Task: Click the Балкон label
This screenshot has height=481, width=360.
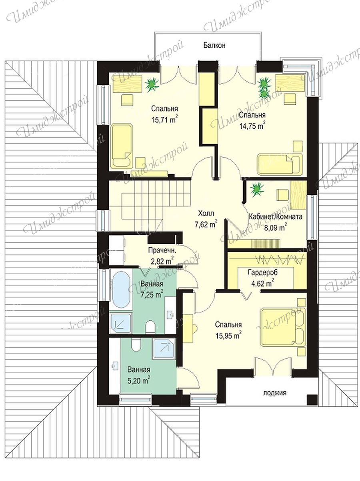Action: [x=214, y=45]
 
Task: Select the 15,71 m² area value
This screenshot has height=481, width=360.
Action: [x=164, y=120]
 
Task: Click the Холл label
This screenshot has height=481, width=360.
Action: [x=206, y=213]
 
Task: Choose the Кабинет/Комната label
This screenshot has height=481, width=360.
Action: [x=275, y=217]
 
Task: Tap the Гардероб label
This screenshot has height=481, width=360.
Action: [x=263, y=272]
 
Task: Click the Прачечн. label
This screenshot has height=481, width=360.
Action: [x=162, y=250]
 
